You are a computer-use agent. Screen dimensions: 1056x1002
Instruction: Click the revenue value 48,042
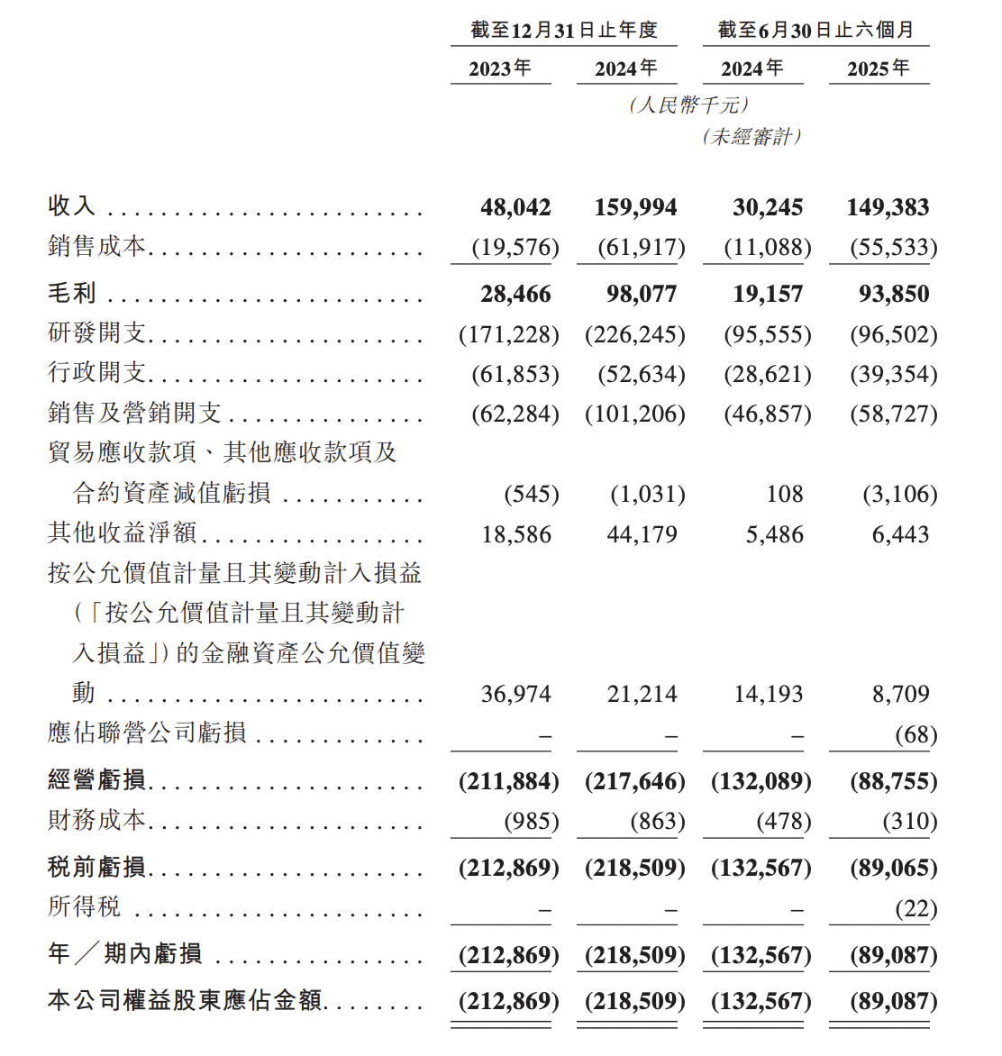click(515, 207)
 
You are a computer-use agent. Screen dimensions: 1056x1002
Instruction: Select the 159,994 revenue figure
click(635, 207)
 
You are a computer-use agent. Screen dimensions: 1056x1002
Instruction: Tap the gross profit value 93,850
click(894, 294)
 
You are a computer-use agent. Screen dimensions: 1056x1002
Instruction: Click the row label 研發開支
click(96, 333)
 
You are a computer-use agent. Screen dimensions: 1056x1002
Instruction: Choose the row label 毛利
click(72, 293)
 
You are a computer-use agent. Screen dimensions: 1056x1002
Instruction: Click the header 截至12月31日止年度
click(564, 31)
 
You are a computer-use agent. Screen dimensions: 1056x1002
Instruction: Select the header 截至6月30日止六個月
click(815, 31)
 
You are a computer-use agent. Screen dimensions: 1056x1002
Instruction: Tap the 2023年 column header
click(500, 68)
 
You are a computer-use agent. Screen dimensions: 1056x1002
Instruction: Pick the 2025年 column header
click(879, 68)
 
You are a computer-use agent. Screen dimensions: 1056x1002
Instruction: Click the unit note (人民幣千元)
click(689, 105)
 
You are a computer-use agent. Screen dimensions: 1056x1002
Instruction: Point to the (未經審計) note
click(752, 137)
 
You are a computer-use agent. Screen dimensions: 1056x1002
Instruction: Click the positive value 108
click(784, 494)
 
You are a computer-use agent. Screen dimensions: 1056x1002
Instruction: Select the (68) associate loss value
click(915, 734)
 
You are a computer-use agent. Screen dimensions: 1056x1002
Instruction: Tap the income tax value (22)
click(915, 908)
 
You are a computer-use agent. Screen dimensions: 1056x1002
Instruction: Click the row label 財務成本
click(96, 820)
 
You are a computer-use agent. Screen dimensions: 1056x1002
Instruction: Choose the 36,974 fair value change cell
click(515, 694)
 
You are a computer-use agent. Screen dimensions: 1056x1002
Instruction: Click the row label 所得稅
click(84, 906)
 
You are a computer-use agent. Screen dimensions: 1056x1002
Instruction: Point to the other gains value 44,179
click(642, 534)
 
